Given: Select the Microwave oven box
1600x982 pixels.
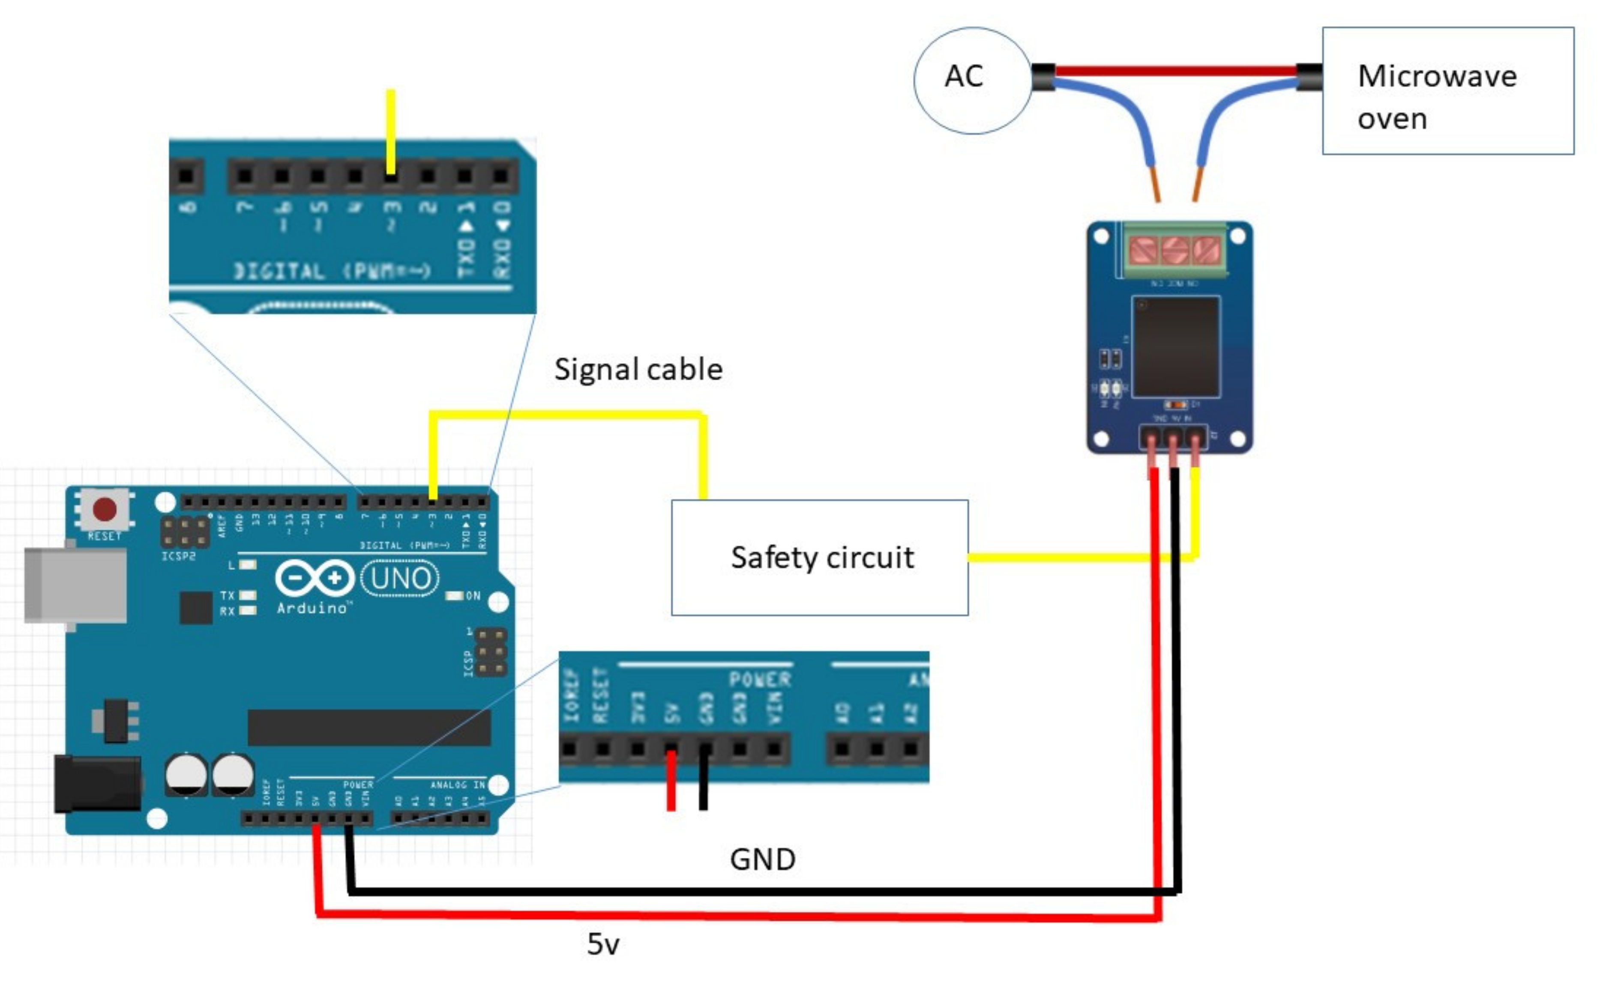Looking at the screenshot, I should click(x=1447, y=91).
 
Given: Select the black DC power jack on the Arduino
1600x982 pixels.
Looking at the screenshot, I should click(x=97, y=784).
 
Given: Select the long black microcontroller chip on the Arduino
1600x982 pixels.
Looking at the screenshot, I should click(x=369, y=728).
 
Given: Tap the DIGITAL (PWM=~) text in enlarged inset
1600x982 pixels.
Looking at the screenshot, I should click(x=331, y=271).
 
